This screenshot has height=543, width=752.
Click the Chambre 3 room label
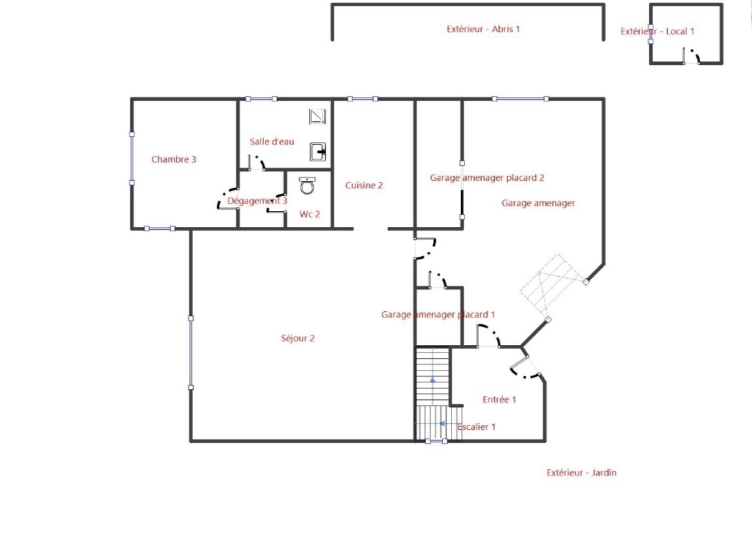(x=173, y=159)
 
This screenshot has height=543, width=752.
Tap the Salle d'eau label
(x=272, y=142)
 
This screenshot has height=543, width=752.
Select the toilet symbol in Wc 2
(x=307, y=185)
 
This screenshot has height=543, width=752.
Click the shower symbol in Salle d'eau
(x=317, y=117)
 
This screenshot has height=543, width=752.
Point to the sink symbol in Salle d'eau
(x=318, y=152)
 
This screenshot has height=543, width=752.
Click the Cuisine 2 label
(x=364, y=185)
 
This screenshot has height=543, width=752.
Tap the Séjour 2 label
(x=298, y=338)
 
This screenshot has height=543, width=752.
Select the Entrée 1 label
(x=499, y=399)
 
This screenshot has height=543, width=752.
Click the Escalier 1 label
(x=477, y=427)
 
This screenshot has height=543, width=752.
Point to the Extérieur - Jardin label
(x=581, y=473)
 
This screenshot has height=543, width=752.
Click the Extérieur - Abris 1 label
(x=483, y=29)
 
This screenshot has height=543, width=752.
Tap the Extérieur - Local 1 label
(x=658, y=31)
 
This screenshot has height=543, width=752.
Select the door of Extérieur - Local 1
(x=691, y=56)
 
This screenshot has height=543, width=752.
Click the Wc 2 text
(x=310, y=215)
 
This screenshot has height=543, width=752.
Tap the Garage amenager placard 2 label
(x=487, y=177)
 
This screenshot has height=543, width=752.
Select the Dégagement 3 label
(x=257, y=200)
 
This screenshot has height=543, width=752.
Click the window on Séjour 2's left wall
(x=191, y=353)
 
